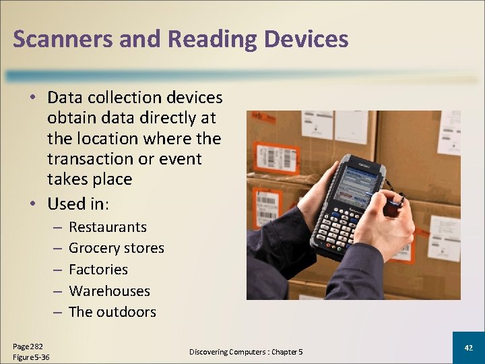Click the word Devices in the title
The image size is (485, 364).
click(x=306, y=39)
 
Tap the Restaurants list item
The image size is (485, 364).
click(x=108, y=227)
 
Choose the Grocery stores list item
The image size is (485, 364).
click(x=117, y=248)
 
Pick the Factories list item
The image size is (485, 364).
click(x=98, y=270)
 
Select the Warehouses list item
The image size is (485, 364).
click(x=110, y=291)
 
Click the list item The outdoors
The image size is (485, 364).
click(x=112, y=312)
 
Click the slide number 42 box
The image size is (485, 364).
click(x=468, y=347)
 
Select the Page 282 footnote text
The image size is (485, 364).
click(x=28, y=346)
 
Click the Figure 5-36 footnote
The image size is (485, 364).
click(x=31, y=357)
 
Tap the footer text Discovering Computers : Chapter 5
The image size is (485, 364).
click(x=246, y=352)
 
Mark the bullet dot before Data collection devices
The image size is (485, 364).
click(x=32, y=98)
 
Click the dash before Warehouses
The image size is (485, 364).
click(x=57, y=291)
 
